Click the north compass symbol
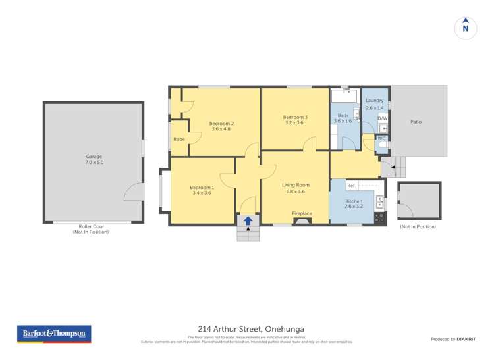pyautogui.click(x=466, y=28)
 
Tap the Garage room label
pyautogui.click(x=94, y=156)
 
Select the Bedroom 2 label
pyautogui.click(x=222, y=123)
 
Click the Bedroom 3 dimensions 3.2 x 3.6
pyautogui.click(x=296, y=123)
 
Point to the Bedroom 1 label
pyautogui.click(x=201, y=186)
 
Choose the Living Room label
pyautogui.click(x=296, y=185)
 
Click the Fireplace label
pyautogui.click(x=302, y=213)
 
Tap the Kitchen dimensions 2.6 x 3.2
pyautogui.click(x=354, y=206)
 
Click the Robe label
pyautogui.click(x=179, y=139)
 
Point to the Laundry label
pyautogui.click(x=374, y=101)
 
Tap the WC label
pyautogui.click(x=381, y=138)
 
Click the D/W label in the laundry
pyautogui.click(x=382, y=118)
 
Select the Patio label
pyautogui.click(x=416, y=122)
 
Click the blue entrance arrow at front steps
pyautogui.click(x=248, y=221)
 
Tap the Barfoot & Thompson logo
pyautogui.click(x=53, y=334)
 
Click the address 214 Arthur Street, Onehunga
pyautogui.click(x=251, y=329)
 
